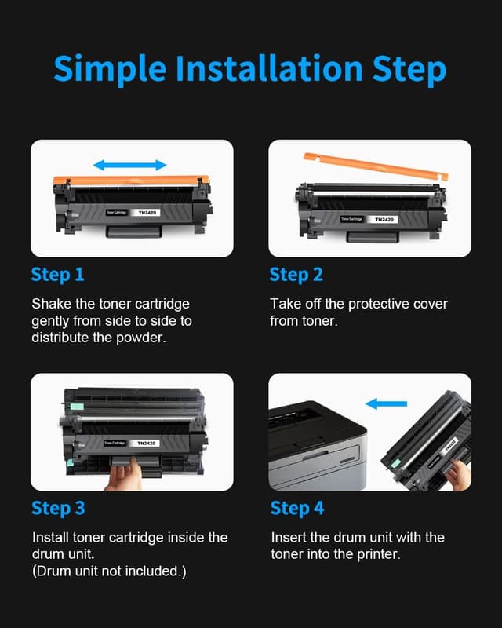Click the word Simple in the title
click(x=109, y=70)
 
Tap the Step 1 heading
click(x=57, y=275)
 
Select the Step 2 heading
click(x=296, y=275)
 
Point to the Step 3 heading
click(x=58, y=508)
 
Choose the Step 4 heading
click(x=296, y=508)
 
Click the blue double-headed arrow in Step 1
click(x=130, y=165)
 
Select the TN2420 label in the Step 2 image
click(x=384, y=219)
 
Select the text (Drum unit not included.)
click(x=109, y=571)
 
